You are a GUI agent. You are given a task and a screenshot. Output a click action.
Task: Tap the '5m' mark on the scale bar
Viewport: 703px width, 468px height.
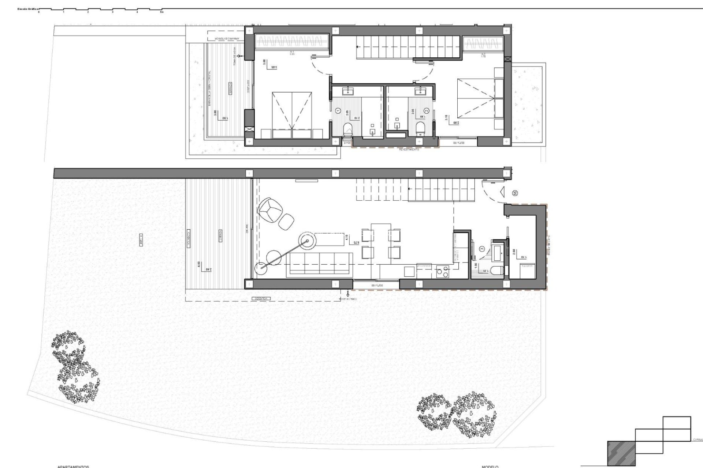(162, 12)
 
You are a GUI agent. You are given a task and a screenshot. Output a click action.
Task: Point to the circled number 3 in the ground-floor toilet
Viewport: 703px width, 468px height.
(482, 249)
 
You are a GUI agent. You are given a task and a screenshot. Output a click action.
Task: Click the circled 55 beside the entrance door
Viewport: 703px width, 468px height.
(515, 193)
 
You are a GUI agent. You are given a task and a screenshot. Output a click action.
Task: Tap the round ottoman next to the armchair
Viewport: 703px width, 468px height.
(286, 221)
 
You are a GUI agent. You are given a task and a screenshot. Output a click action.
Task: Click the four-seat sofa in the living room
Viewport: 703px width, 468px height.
(321, 263)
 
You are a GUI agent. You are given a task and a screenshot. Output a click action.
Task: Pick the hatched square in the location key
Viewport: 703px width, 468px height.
(621, 453)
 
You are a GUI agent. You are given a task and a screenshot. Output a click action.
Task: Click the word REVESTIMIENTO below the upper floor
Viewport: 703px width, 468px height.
(409, 150)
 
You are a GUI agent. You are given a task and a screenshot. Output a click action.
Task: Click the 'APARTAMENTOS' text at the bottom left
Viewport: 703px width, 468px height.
(73, 467)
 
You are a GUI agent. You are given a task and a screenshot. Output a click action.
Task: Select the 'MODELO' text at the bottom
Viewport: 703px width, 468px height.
(490, 467)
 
